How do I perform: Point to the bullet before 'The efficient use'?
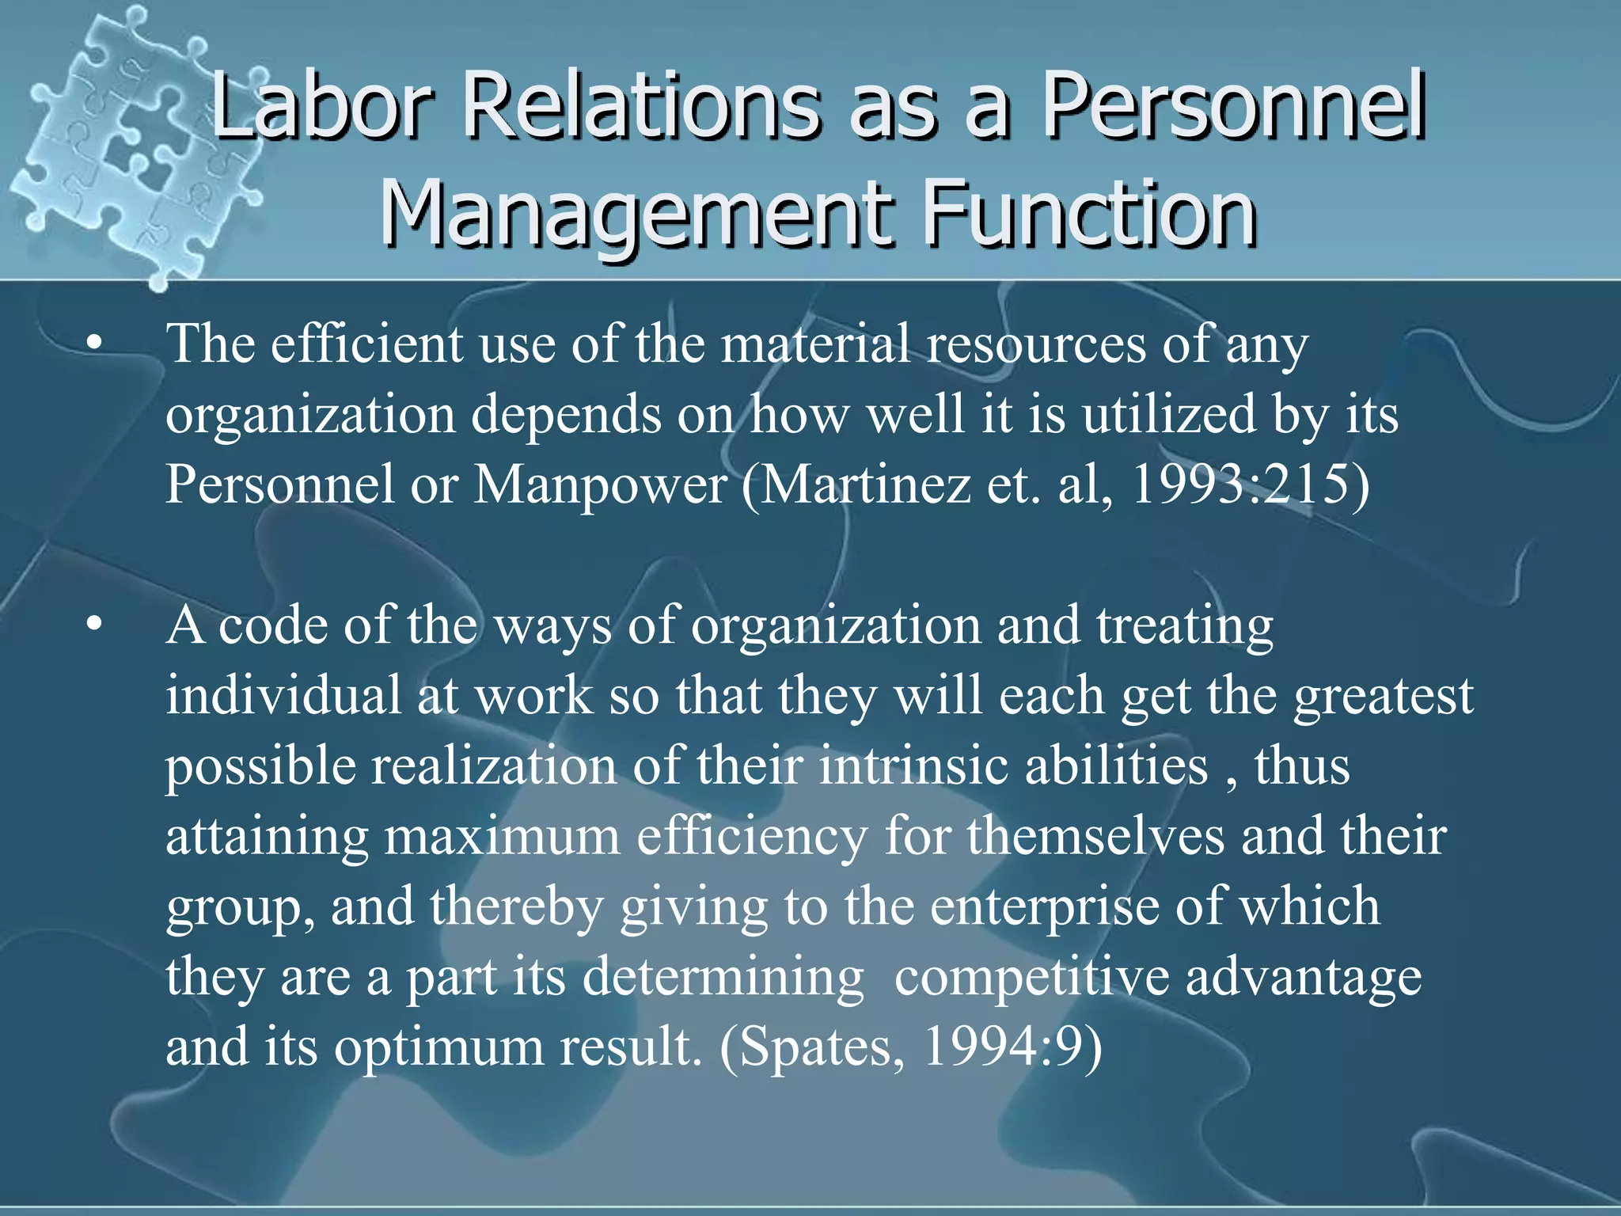point(95,344)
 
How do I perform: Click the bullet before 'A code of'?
point(95,625)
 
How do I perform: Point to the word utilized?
point(1168,415)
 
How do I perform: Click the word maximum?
point(503,837)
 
